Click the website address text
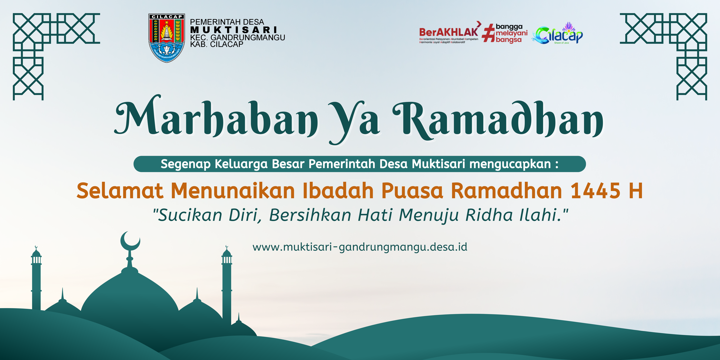(x=360, y=247)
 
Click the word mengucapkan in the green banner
(x=510, y=164)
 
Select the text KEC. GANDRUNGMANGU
(x=238, y=37)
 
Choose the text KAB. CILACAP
(x=217, y=44)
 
